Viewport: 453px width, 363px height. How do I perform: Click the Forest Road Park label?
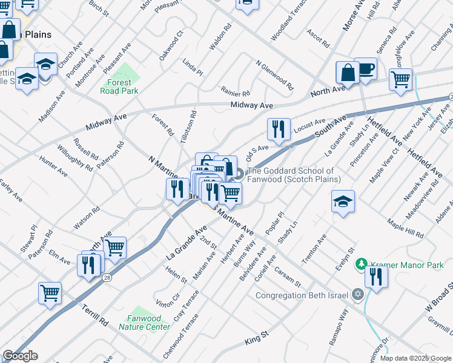(x=119, y=87)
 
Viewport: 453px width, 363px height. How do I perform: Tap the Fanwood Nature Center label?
(x=144, y=322)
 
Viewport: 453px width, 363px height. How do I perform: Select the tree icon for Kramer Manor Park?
(x=362, y=264)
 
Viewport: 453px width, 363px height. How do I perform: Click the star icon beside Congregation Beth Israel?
(x=357, y=295)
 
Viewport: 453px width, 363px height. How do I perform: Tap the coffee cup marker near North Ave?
(x=365, y=69)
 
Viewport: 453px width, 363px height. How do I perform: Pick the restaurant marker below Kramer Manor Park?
(x=376, y=277)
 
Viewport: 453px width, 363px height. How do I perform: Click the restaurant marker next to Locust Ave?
(x=279, y=129)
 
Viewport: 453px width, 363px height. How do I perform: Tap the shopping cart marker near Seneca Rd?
(x=400, y=79)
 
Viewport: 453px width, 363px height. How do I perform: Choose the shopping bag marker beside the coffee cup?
(x=348, y=73)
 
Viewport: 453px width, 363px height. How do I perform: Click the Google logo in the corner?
(x=20, y=356)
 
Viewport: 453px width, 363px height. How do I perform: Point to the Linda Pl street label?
(x=193, y=67)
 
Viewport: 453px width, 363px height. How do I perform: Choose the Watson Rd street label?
(x=87, y=218)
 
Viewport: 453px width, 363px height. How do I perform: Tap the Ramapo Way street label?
(x=339, y=327)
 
